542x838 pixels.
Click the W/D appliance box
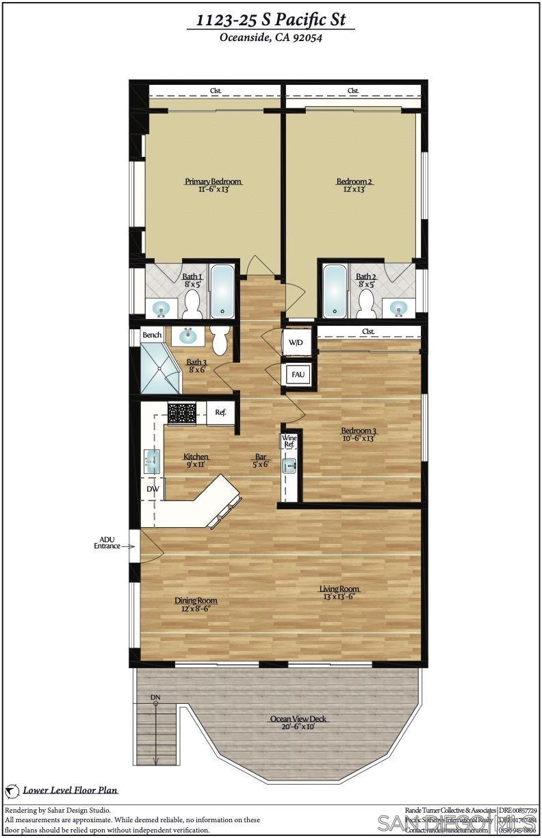tap(296, 342)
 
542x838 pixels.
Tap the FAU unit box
tap(298, 375)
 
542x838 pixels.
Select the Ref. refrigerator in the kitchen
tap(220, 413)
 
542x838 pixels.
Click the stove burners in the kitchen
tap(182, 412)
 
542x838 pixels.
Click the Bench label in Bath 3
tap(151, 335)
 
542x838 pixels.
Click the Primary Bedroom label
tap(213, 181)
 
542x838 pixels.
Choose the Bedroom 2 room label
tap(354, 181)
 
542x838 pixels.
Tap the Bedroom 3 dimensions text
tap(359, 439)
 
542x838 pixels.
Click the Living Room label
tap(339, 589)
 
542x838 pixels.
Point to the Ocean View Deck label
tap(298, 719)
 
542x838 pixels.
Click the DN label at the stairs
tap(155, 698)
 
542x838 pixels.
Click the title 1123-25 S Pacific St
tap(270, 21)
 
